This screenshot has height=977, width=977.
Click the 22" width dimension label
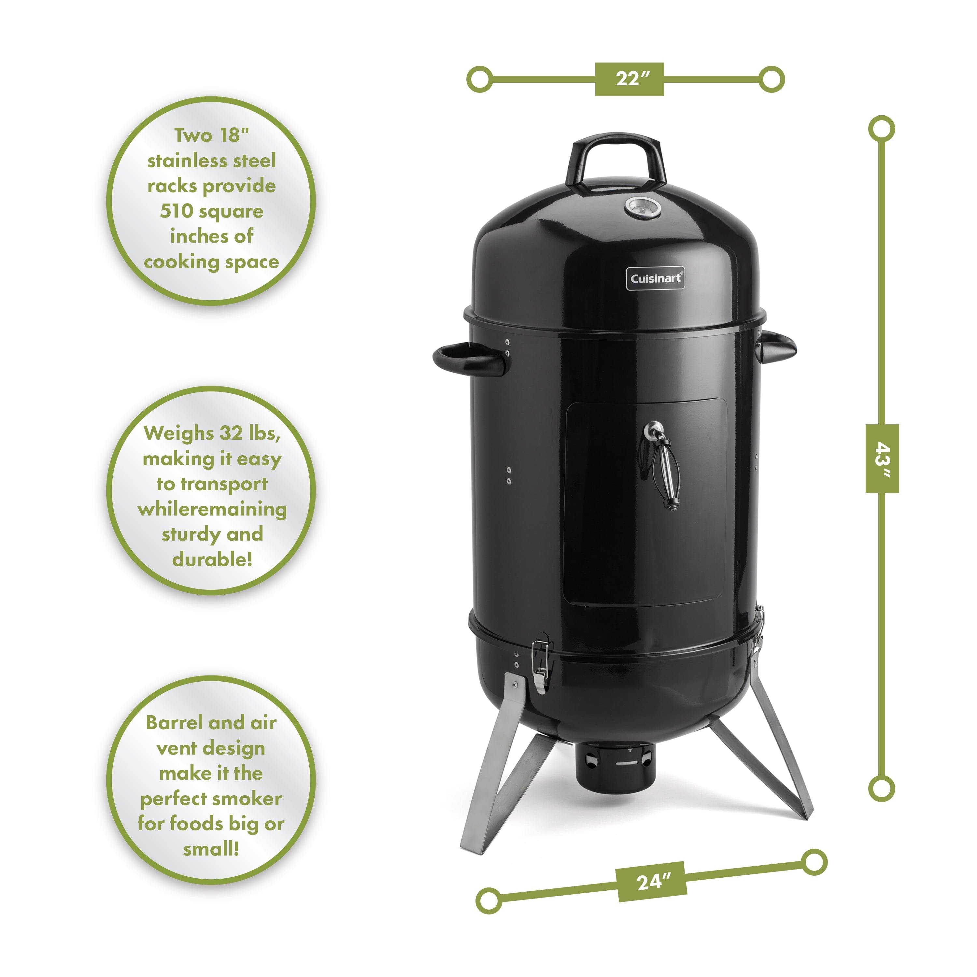[629, 79]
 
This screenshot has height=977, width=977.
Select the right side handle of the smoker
[779, 347]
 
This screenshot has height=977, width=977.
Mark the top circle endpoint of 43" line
[882, 129]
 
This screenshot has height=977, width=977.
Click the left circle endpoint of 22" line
[479, 79]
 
